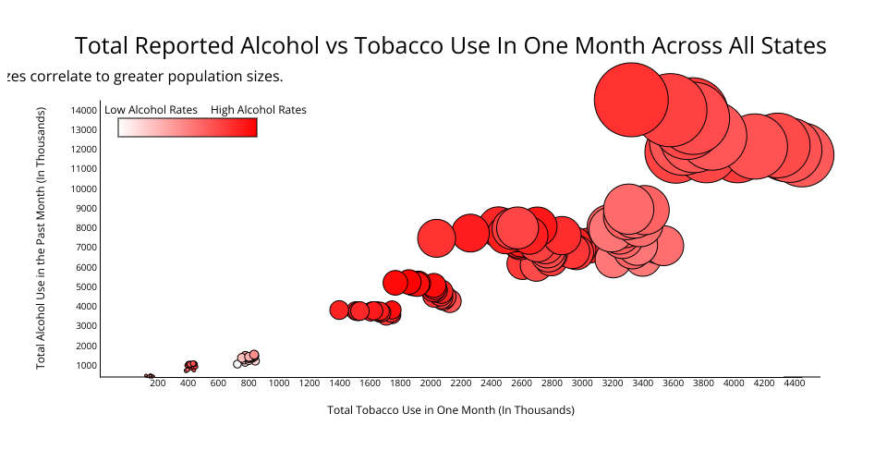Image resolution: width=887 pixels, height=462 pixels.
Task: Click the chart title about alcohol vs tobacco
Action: (x=450, y=45)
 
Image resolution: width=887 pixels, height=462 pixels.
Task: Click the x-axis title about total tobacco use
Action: (x=451, y=409)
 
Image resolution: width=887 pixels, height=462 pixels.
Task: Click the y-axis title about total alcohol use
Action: (x=42, y=238)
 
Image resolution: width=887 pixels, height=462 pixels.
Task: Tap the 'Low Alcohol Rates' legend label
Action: (x=151, y=109)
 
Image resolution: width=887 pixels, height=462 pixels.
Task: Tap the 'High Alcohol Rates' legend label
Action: (x=259, y=109)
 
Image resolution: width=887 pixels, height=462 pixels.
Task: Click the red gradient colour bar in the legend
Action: (x=188, y=128)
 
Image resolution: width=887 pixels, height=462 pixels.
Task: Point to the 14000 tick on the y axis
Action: (x=83, y=110)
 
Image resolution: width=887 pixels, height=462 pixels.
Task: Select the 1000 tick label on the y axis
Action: (x=85, y=365)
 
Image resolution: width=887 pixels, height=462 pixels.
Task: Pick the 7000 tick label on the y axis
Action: (x=85, y=248)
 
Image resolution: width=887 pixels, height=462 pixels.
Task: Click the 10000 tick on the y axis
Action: (x=83, y=188)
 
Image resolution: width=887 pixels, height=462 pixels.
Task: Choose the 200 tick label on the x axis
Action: (x=157, y=383)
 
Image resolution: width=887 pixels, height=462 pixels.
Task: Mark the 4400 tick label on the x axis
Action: (x=794, y=383)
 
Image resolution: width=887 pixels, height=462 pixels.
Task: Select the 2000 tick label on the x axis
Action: (x=430, y=383)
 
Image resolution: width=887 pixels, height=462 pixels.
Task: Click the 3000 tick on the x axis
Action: (x=581, y=383)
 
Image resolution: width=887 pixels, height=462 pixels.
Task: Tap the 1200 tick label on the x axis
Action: (x=309, y=383)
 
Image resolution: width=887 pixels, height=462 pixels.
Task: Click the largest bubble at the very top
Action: (x=630, y=101)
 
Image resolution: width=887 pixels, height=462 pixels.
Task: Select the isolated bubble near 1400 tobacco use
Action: (x=339, y=310)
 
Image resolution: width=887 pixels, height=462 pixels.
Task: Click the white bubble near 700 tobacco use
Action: (x=237, y=364)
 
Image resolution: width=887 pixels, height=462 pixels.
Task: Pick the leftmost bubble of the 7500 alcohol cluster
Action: (x=436, y=237)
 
